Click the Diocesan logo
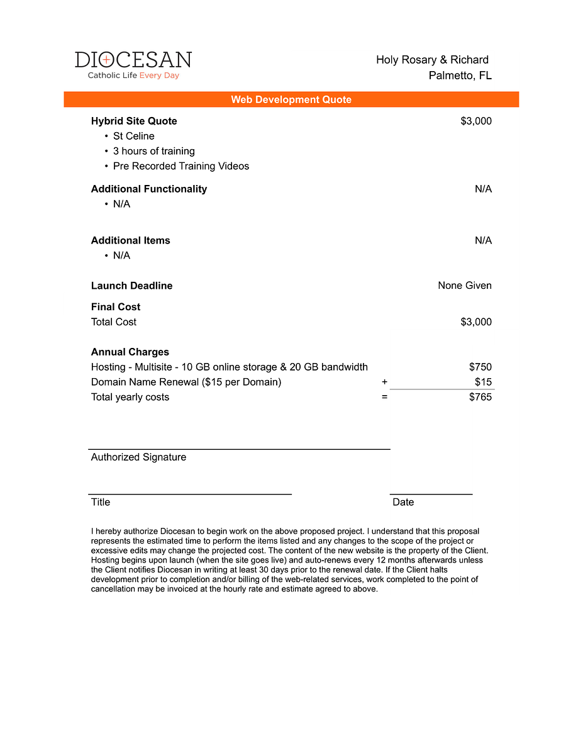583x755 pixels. (x=133, y=65)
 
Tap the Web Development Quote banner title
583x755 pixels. (x=291, y=99)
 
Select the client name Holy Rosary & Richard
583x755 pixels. (x=432, y=60)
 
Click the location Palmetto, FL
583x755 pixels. (x=460, y=75)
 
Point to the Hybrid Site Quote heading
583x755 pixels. (x=134, y=121)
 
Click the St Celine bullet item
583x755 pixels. (x=133, y=136)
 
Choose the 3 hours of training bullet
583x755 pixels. (x=153, y=151)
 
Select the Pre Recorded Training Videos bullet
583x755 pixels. (x=180, y=166)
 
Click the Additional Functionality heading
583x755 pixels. (x=148, y=189)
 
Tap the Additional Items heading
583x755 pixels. (x=130, y=240)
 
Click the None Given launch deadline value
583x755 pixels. (x=465, y=286)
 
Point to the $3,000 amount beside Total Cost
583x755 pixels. (x=476, y=322)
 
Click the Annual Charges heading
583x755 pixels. (x=130, y=352)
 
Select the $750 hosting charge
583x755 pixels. (x=480, y=367)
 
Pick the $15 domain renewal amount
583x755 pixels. (x=484, y=382)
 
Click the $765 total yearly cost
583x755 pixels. (x=480, y=397)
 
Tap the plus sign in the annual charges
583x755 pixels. (x=384, y=382)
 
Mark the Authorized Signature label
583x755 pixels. (x=138, y=457)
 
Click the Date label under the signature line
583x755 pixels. (x=403, y=502)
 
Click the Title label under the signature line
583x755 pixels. (x=101, y=502)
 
